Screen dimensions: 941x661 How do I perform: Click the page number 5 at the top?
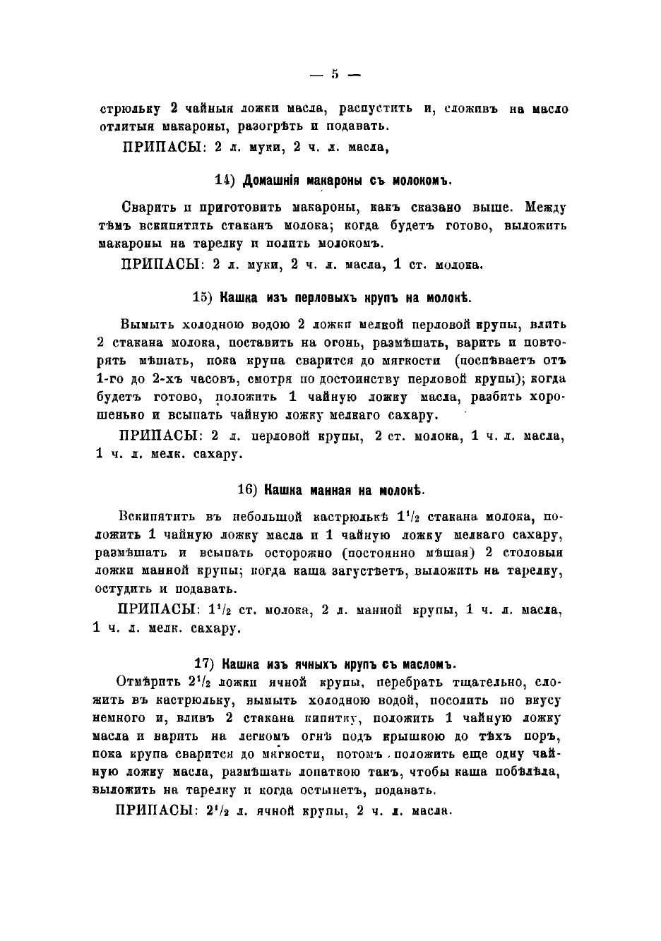click(335, 73)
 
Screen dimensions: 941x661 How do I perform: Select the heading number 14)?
click(225, 181)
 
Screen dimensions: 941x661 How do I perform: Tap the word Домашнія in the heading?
click(271, 181)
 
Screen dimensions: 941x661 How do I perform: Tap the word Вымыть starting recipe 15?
click(143, 325)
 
